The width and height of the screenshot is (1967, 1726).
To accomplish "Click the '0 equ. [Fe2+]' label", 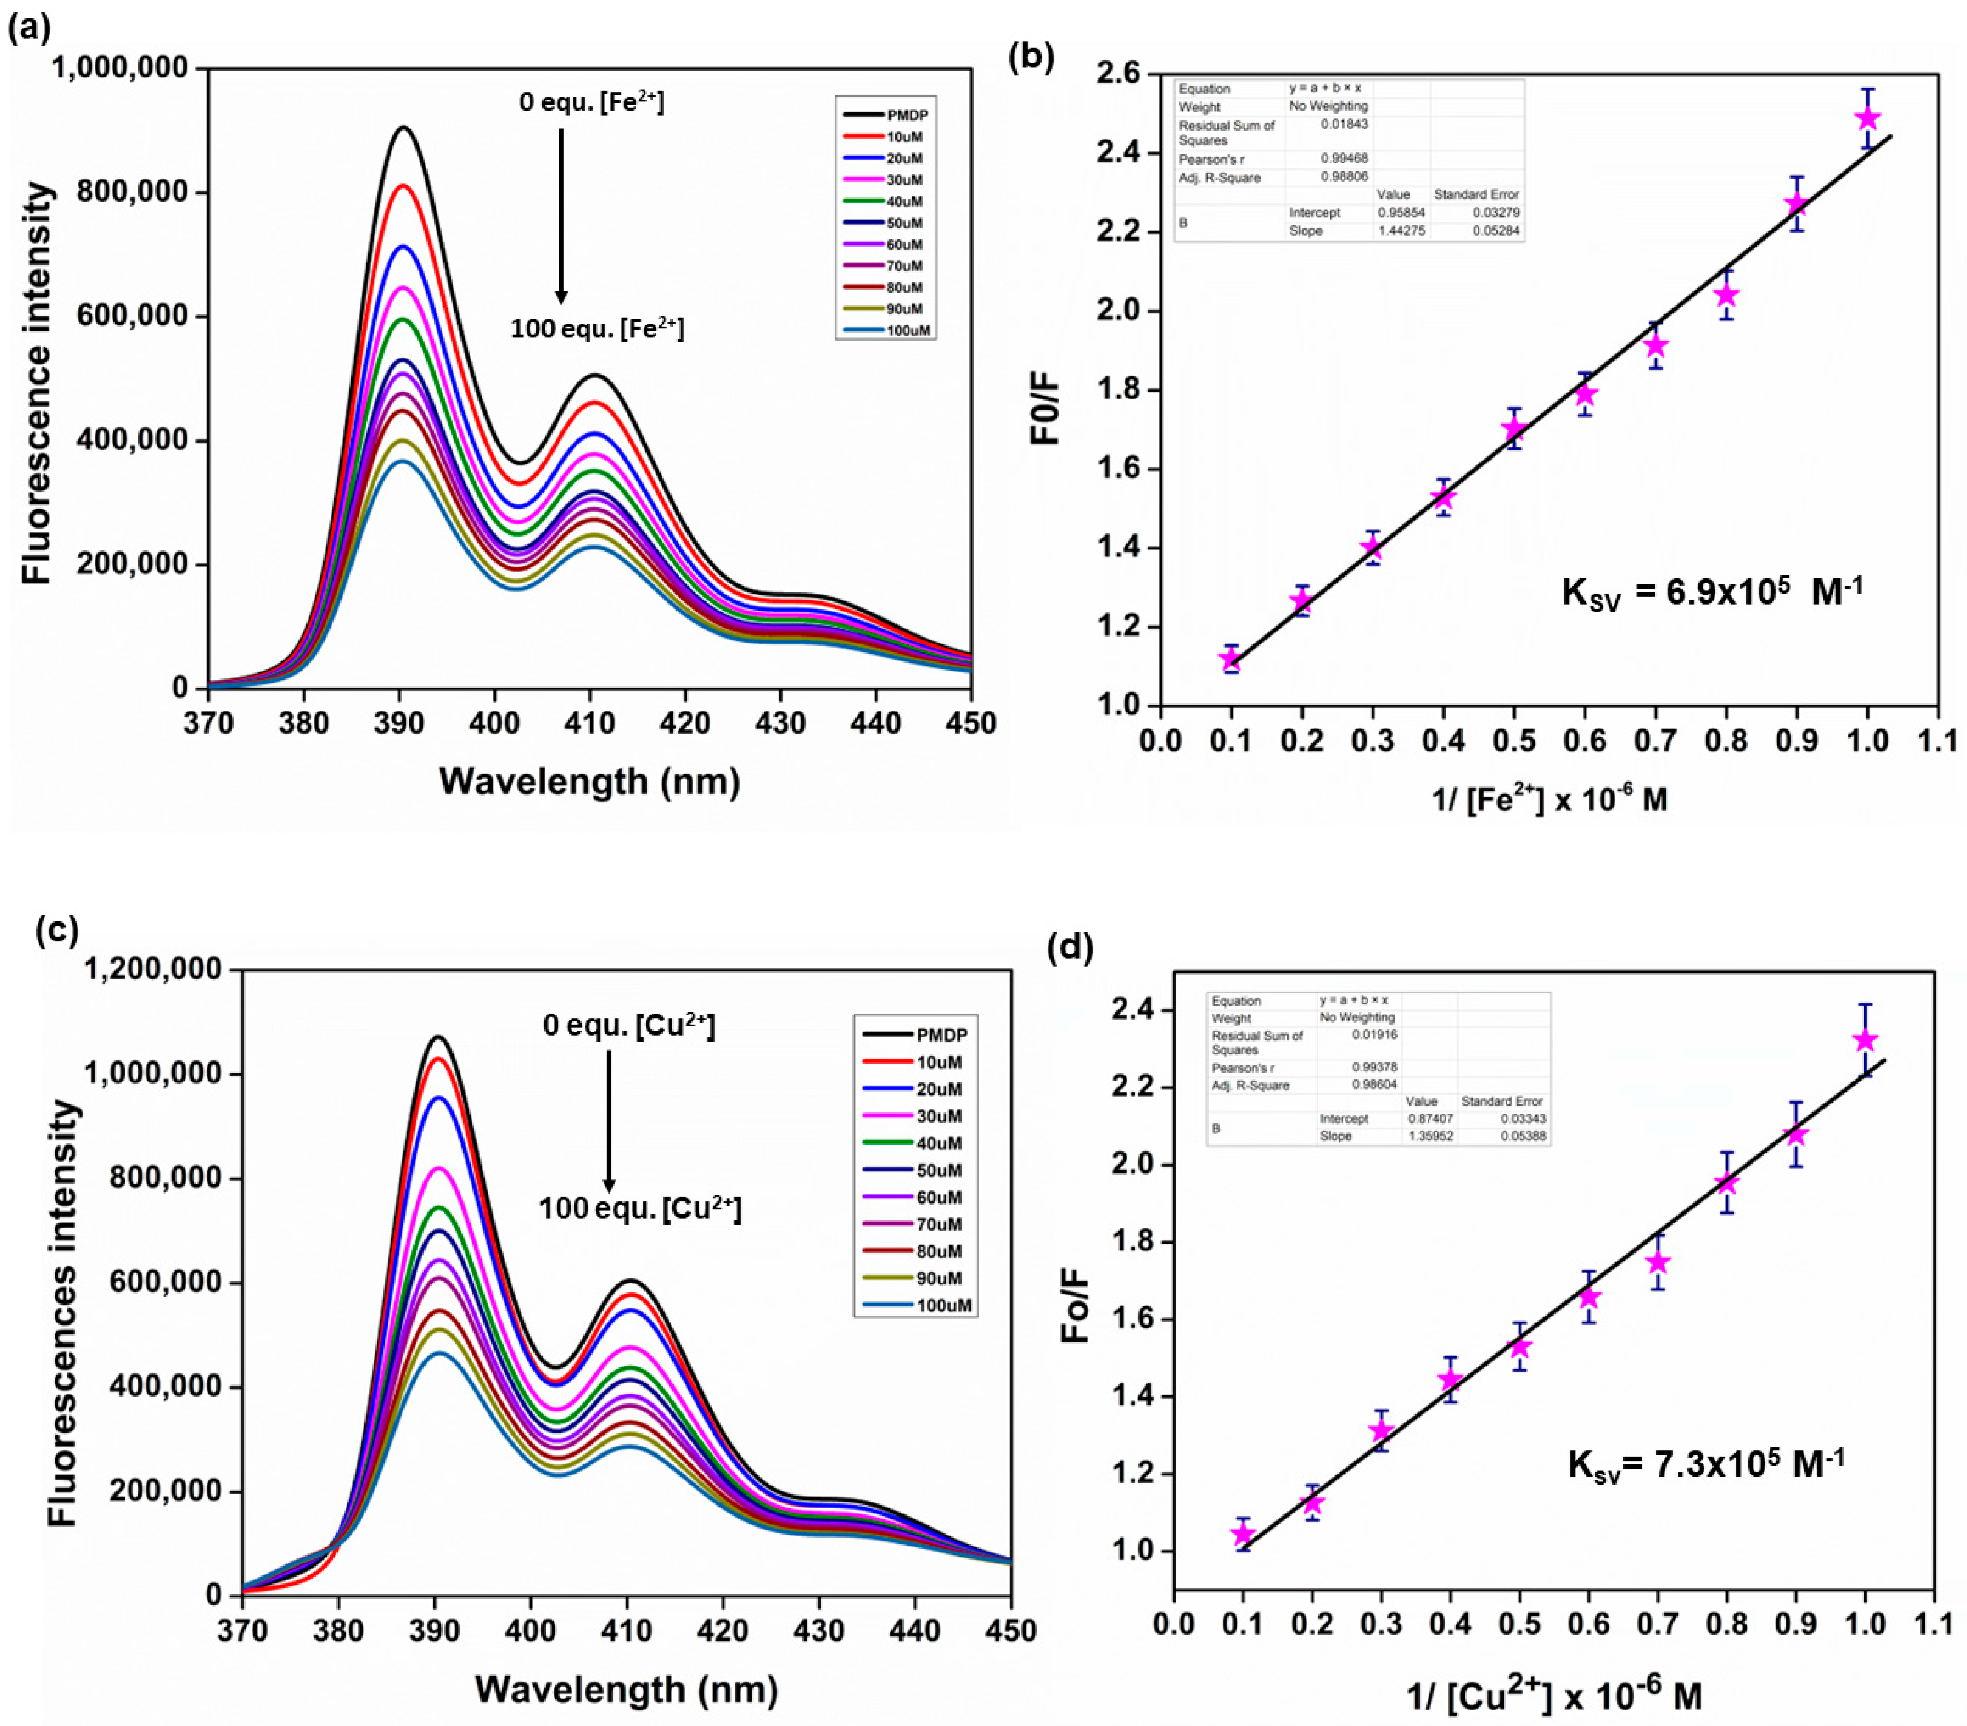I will point(591,101).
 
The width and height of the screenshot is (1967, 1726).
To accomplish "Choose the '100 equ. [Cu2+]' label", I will point(640,1208).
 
